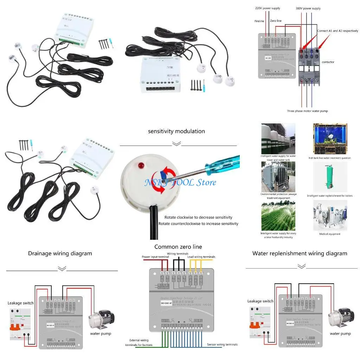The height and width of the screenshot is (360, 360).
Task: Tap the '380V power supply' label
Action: (308, 8)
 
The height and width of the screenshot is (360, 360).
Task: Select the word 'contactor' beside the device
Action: (328, 62)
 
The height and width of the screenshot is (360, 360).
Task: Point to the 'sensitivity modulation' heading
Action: (176, 131)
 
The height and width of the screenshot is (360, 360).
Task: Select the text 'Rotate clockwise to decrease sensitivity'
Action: (198, 217)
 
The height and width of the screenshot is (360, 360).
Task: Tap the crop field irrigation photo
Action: (278, 216)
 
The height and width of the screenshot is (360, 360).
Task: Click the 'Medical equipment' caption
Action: (329, 234)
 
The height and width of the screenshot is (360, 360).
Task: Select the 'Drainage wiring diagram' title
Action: (60, 253)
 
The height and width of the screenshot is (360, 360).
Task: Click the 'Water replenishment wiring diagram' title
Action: (300, 253)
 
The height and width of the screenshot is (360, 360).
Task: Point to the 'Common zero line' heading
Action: (178, 247)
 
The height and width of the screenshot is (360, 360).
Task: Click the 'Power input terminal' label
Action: (155, 257)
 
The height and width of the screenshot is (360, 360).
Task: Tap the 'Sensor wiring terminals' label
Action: (222, 345)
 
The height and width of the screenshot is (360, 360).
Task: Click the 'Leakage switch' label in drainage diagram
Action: (21, 303)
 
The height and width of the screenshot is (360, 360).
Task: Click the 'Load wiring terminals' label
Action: (201, 257)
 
